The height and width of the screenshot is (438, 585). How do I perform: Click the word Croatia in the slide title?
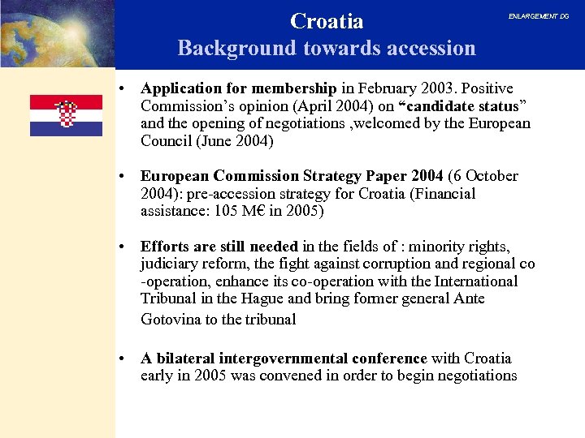[x=327, y=20]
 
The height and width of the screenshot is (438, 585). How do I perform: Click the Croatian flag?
[x=66, y=115]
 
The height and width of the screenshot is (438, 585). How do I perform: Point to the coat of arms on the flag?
[x=66, y=113]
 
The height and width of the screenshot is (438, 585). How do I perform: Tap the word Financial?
[x=444, y=194]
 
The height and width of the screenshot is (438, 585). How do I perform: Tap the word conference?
[x=388, y=359]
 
